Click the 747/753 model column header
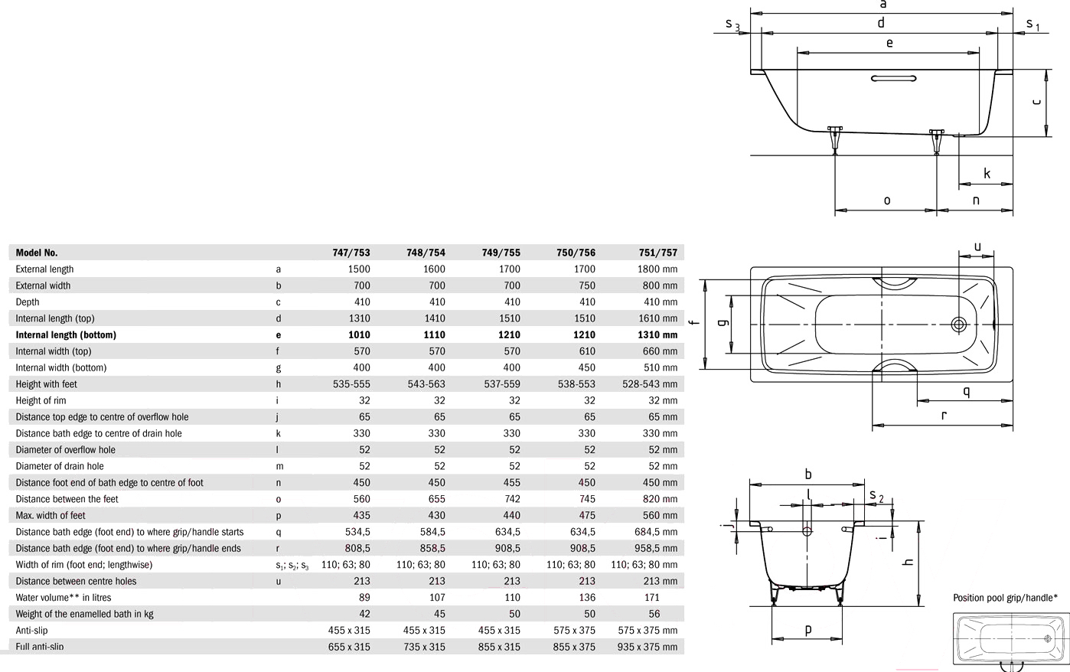click(x=351, y=253)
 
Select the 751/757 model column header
click(x=658, y=253)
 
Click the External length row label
click(x=44, y=269)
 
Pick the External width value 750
click(x=586, y=285)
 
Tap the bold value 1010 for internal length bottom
click(x=359, y=334)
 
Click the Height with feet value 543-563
click(x=426, y=384)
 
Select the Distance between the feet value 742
click(x=511, y=499)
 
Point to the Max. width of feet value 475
click(x=586, y=515)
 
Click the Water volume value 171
click(x=652, y=598)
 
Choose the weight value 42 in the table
click(x=364, y=614)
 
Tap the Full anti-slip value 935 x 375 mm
click(x=648, y=647)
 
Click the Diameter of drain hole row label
click(x=60, y=466)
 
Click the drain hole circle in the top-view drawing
click(x=959, y=325)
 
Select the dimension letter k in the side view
click(x=987, y=174)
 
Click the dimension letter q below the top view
click(x=967, y=392)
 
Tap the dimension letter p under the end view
click(x=808, y=630)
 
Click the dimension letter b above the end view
click(x=808, y=475)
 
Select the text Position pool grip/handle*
click(x=1006, y=598)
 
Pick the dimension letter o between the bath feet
click(x=887, y=201)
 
